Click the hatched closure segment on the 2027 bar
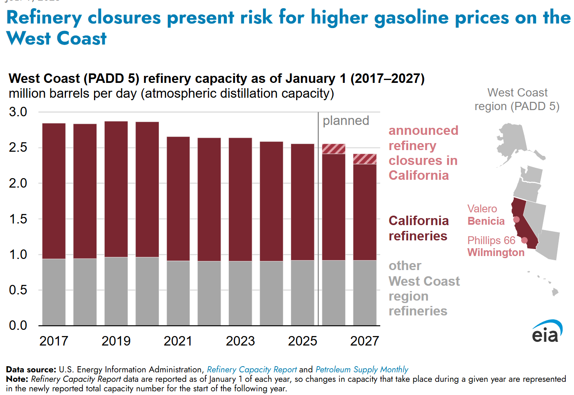pos(365,159)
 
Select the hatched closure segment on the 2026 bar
pos(334,149)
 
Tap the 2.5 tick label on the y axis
pos(18,148)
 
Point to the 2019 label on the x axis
pos(116,341)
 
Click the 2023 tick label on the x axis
pos(240,341)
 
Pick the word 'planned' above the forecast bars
pos(346,121)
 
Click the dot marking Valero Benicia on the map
pos(516,219)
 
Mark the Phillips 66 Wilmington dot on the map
pos(525,240)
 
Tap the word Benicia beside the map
pos(486,221)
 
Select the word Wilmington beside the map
pos(496,252)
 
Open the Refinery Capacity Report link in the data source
pos(252,369)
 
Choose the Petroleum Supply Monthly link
pos(362,369)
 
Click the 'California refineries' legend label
pos(418,228)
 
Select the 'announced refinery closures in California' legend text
pos(423,153)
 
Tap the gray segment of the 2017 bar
pos(54,292)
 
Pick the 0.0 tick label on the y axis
pos(18,326)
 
